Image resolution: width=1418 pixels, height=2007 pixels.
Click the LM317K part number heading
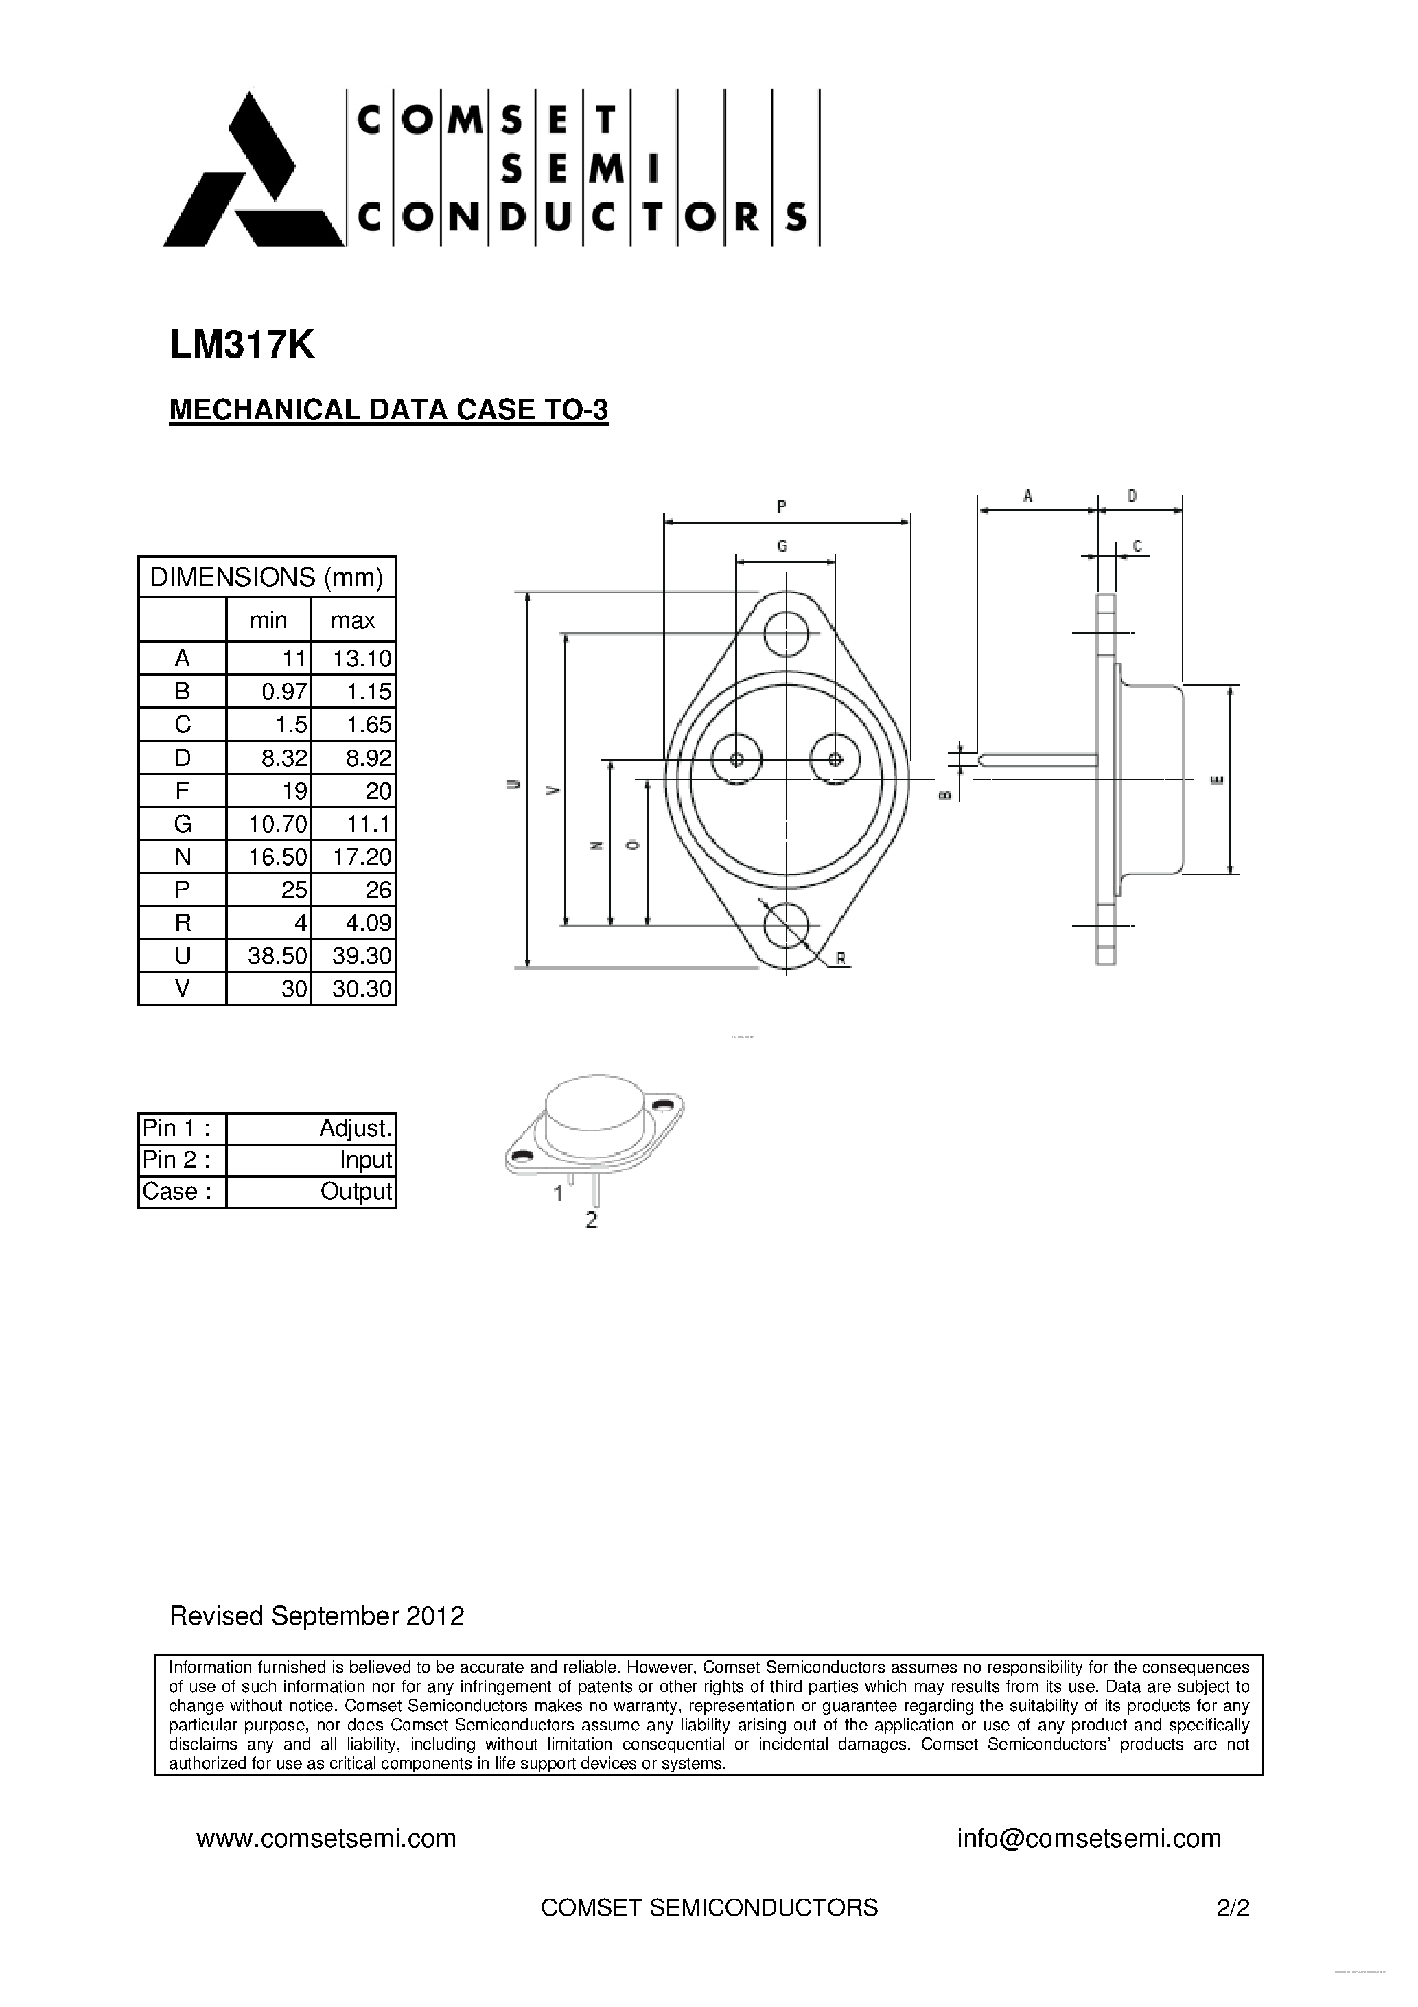tap(242, 346)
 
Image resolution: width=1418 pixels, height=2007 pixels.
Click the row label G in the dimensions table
tap(182, 824)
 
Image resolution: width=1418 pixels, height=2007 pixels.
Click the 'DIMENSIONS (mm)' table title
tap(266, 577)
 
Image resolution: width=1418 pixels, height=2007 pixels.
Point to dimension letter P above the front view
tap(782, 506)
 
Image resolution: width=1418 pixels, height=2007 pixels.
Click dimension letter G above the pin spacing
tap(782, 546)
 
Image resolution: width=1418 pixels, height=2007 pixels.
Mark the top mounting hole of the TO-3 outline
tap(786, 633)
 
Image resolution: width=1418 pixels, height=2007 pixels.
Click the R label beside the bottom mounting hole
tap(841, 959)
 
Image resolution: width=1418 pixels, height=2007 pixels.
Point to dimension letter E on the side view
tap(1216, 780)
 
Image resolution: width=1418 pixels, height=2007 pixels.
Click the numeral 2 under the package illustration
tap(591, 1220)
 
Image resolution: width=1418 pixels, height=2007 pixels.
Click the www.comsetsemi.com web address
tap(326, 1838)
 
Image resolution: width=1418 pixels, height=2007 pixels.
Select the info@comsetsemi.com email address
tap(1089, 1838)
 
